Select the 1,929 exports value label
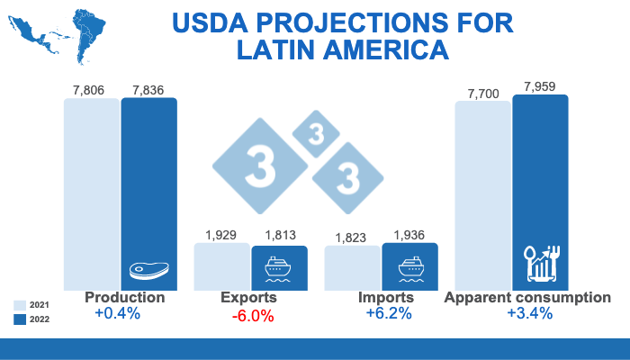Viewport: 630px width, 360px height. click(221, 235)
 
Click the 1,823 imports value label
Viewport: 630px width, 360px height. click(351, 238)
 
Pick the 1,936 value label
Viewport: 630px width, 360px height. click(410, 235)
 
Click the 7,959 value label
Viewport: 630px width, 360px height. click(541, 87)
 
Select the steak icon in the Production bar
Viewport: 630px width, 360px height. click(148, 269)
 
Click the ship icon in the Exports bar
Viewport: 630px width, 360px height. click(279, 267)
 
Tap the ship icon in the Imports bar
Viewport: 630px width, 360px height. click(410, 267)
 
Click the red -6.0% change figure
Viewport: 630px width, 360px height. click(255, 316)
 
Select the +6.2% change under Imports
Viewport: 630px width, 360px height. click(389, 314)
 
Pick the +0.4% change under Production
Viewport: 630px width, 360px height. click(117, 314)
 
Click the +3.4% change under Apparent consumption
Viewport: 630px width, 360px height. click(529, 314)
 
